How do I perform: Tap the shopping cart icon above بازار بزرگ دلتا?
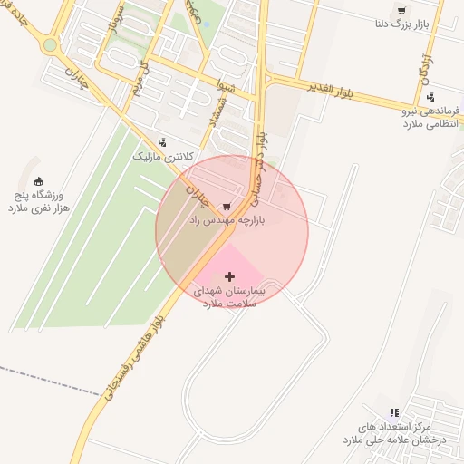401,11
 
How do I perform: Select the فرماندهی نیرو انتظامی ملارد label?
430,117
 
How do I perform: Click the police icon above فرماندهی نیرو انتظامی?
430,96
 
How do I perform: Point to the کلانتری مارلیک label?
163,157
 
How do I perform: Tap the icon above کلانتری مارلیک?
162,141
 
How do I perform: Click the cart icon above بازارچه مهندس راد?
226,207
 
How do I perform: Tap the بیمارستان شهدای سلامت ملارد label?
229,298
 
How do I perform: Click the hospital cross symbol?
229,276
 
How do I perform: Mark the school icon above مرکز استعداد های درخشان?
393,412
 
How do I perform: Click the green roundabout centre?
50,44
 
